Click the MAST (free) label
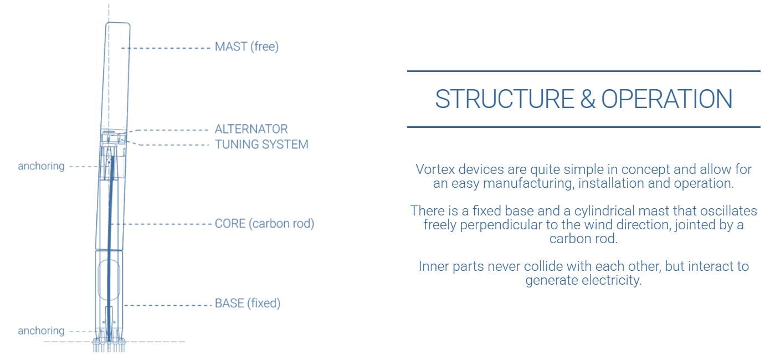(x=247, y=47)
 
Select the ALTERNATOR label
(x=251, y=129)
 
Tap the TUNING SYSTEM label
(x=261, y=145)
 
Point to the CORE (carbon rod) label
(x=264, y=224)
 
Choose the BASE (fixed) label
(x=248, y=304)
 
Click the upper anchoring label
(x=41, y=166)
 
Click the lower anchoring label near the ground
(x=41, y=331)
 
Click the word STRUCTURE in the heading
(x=505, y=99)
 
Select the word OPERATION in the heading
(x=666, y=99)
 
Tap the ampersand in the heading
(x=587, y=99)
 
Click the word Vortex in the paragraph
(x=435, y=169)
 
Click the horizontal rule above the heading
(x=584, y=71)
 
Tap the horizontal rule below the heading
(x=584, y=127)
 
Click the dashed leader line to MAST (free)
(x=166, y=48)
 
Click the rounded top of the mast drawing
(x=117, y=23)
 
